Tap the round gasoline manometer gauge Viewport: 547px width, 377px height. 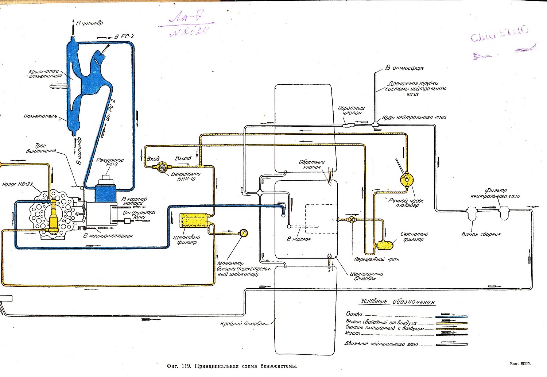point(244,232)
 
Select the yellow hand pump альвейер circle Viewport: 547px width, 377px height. point(407,180)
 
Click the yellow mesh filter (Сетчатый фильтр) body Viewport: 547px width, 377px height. point(384,244)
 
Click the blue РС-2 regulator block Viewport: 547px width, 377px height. point(106,192)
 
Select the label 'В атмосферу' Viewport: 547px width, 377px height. point(405,68)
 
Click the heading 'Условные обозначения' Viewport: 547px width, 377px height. point(398,302)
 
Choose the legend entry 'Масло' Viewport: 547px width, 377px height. point(353,333)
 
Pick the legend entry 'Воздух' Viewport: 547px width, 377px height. point(355,314)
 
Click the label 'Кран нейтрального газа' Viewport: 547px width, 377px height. point(414,118)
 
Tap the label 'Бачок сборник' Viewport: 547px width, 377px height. point(481,234)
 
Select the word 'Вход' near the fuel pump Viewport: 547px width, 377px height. point(153,159)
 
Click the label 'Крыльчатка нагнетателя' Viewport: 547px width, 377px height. point(45,74)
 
